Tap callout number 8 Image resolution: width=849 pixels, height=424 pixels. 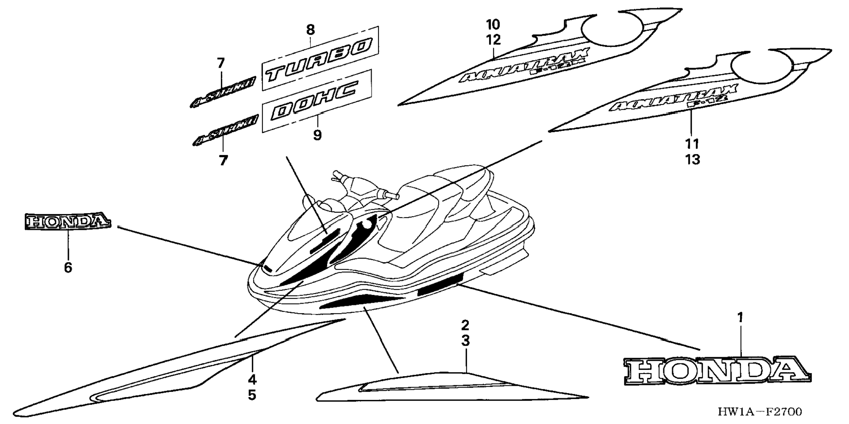tap(310, 30)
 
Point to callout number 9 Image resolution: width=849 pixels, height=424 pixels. tap(317, 135)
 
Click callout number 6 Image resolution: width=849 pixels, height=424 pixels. tap(68, 267)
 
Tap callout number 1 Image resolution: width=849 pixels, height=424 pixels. tap(740, 317)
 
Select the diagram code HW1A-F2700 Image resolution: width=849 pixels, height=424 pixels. tap(759, 412)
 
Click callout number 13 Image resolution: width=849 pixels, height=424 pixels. tap(692, 159)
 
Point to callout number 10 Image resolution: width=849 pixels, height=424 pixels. tap(493, 24)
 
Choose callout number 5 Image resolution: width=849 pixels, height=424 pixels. tap(252, 395)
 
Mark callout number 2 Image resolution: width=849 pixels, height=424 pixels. tap(465, 325)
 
